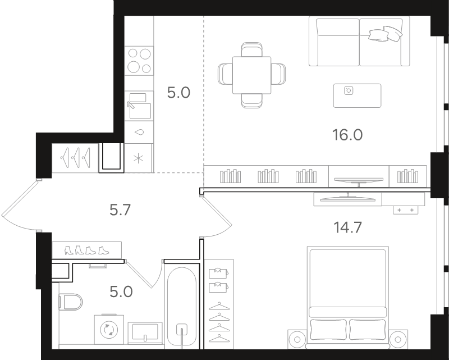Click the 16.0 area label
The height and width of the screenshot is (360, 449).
[347, 135]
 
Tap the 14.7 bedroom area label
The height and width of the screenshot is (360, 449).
[347, 227]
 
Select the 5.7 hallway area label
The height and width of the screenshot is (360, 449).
[120, 210]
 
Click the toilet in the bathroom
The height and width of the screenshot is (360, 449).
[71, 302]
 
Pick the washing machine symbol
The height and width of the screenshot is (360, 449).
[109, 329]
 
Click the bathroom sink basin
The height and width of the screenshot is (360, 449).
[145, 333]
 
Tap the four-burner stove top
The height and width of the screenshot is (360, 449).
[139, 61]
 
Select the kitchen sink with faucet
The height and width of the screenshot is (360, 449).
[139, 106]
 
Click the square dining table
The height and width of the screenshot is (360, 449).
[251, 75]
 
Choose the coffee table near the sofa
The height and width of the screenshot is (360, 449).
[357, 95]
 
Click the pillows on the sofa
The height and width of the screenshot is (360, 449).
[386, 34]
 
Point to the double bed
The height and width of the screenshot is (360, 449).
[348, 297]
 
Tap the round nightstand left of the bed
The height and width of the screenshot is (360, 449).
[297, 340]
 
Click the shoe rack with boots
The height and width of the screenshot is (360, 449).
[87, 250]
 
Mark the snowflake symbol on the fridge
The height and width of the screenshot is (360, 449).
[139, 158]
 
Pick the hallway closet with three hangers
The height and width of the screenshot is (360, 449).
[75, 158]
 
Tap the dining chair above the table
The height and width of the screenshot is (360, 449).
[251, 49]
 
